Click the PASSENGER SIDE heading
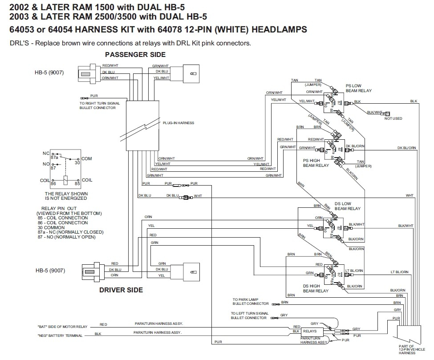pyautogui.click(x=135, y=55)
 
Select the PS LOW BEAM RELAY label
pyautogui.click(x=358, y=88)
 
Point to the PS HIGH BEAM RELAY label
pyautogui.click(x=316, y=162)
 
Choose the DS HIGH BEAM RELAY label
pyautogui.click(x=316, y=288)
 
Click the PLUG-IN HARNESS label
pyautogui.click(x=178, y=123)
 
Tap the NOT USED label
pyautogui.click(x=393, y=118)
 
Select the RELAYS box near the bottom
pyautogui.click(x=310, y=331)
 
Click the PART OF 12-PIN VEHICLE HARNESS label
pyautogui.click(x=406, y=351)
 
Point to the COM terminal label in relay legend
pyautogui.click(x=87, y=159)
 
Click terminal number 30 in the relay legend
pyautogui.click(x=78, y=163)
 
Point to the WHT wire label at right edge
pyautogui.click(x=410, y=195)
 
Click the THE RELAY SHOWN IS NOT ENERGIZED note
pyautogui.click(x=66, y=196)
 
